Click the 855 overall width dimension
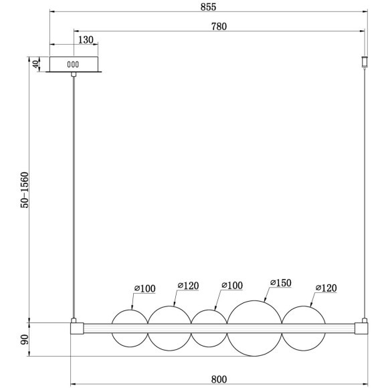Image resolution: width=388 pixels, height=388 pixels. (208, 7)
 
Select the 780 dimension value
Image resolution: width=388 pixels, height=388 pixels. (219, 27)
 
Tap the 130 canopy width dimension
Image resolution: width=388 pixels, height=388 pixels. (86, 40)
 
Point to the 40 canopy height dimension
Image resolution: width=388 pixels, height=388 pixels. (36, 64)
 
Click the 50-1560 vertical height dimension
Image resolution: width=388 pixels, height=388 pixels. (25, 190)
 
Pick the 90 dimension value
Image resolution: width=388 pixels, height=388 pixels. (25, 340)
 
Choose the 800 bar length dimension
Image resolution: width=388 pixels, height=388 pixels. (219, 379)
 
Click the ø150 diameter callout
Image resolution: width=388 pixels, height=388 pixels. (280, 282)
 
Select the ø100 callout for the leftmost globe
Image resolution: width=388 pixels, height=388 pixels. (144, 288)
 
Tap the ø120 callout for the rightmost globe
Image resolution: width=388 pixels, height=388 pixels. (326, 288)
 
